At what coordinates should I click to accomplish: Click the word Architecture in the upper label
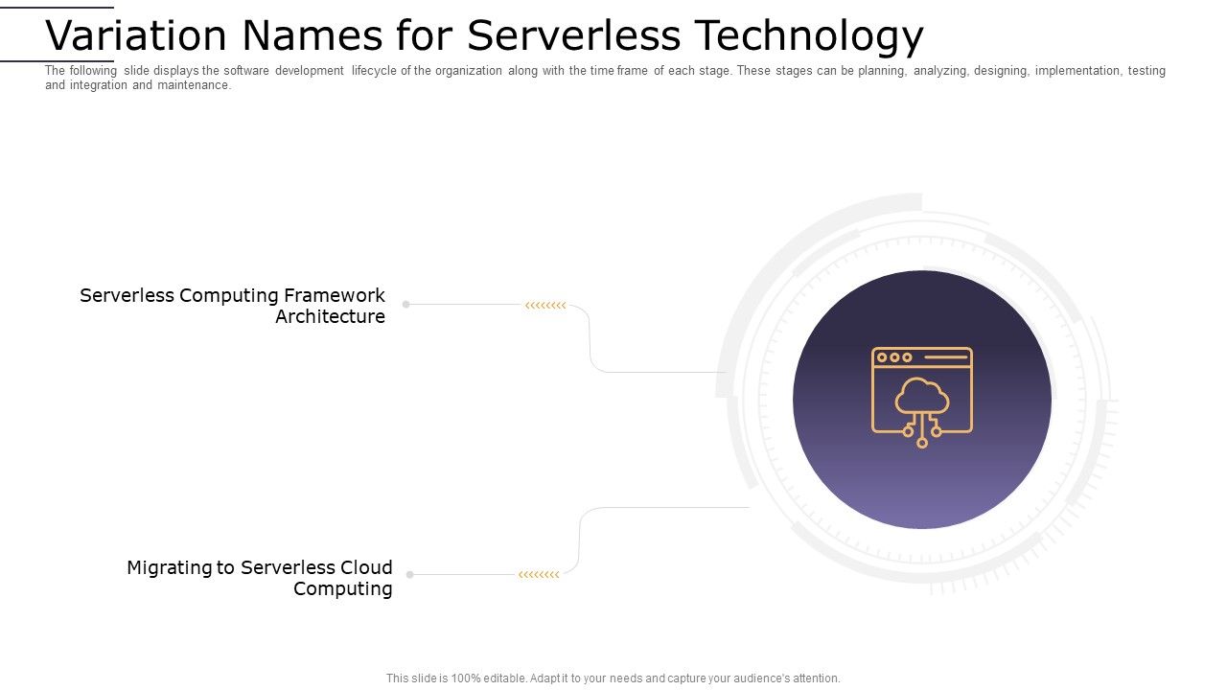click(330, 316)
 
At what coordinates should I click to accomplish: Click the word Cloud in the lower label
click(364, 567)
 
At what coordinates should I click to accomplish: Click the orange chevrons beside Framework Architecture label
click(545, 306)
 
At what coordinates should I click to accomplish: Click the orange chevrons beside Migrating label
click(539, 575)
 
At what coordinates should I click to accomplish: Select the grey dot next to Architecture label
click(406, 305)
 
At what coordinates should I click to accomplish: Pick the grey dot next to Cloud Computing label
click(410, 575)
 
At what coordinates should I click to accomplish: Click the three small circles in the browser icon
click(894, 357)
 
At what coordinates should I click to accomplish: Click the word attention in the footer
click(815, 678)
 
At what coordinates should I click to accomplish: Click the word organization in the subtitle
click(468, 71)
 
